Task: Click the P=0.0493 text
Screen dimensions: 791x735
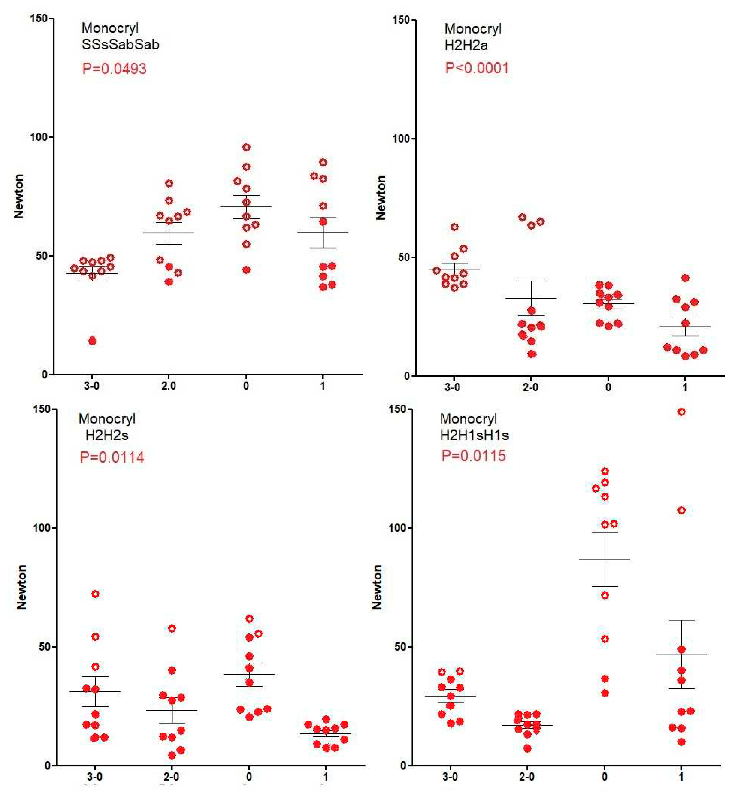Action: coord(114,69)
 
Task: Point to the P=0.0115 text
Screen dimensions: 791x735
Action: coord(473,455)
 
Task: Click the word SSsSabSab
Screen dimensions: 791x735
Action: coord(120,44)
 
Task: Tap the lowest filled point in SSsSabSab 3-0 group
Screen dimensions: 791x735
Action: coord(92,341)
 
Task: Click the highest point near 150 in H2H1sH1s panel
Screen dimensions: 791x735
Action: coord(681,412)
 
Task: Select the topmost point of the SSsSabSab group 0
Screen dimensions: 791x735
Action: coord(247,147)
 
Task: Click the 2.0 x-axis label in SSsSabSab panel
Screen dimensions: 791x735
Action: coord(169,385)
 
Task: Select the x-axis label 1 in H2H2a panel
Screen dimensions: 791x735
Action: coord(685,387)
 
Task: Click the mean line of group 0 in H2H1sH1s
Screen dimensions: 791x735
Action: coord(605,559)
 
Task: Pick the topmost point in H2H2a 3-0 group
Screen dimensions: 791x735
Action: coord(455,227)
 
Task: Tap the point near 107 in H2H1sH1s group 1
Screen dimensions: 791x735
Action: coord(681,510)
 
